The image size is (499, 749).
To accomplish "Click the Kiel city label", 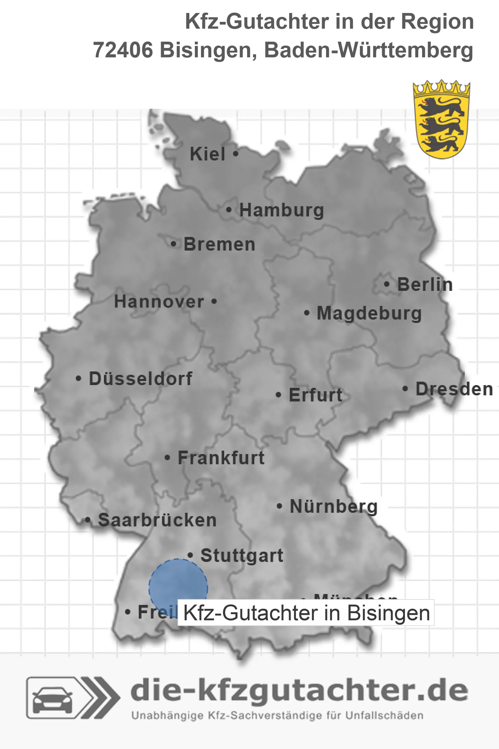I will coord(207,154).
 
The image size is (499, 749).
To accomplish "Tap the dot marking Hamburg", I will coord(229,210).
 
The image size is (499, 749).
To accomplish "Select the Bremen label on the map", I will coord(219,244).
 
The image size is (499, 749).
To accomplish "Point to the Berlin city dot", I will coord(387,284).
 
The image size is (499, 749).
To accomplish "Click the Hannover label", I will coord(159,302).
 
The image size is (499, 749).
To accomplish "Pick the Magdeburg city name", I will coord(369,313).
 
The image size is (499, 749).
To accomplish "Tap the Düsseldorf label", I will coord(140,379).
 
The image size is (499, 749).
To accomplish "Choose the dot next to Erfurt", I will coord(279,395).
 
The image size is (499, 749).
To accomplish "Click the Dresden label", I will coord(454,389).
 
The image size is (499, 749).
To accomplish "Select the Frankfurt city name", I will coord(221,458).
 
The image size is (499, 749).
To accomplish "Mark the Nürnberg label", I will coord(334,506).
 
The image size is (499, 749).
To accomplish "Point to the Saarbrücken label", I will coord(157,520).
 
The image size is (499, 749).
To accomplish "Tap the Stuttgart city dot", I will coord(190,555).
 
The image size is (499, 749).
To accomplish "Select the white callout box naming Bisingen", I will coord(306,613).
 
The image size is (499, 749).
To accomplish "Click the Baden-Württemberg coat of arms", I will coord(441,119).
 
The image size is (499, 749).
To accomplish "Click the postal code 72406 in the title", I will coord(123,50).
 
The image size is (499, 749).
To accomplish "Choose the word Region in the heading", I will coord(437,22).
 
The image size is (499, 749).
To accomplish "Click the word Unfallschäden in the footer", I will coord(385,716).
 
